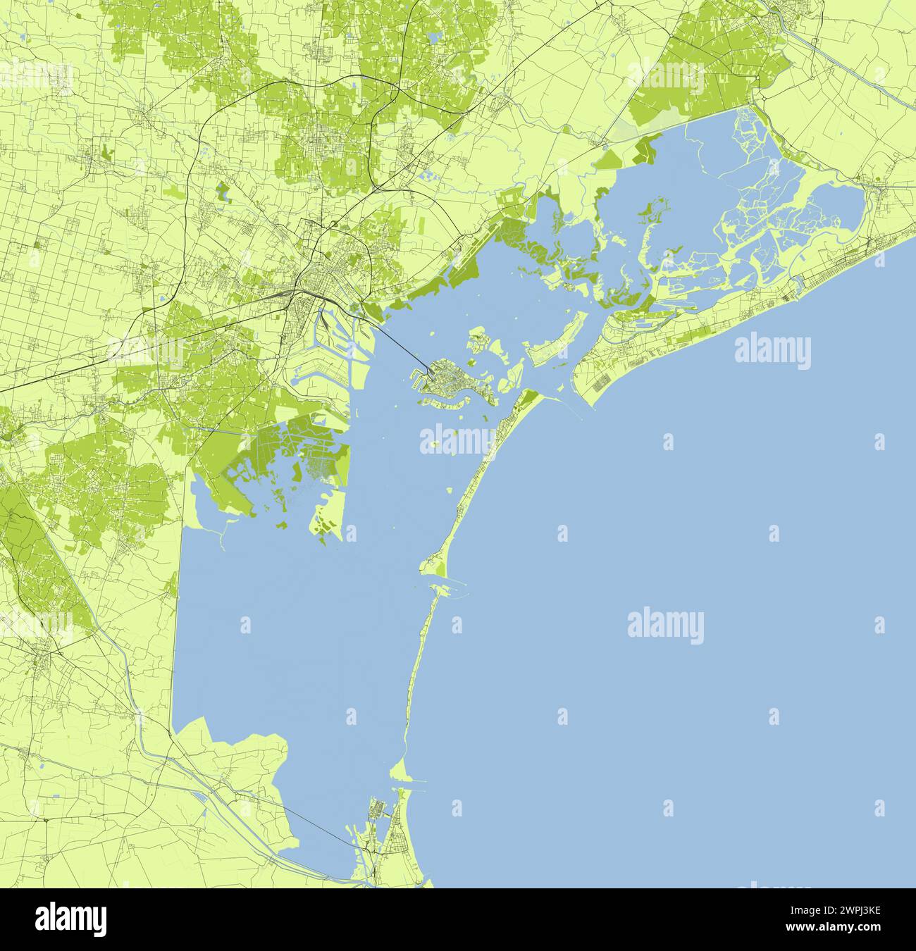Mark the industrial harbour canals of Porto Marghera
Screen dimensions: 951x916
coord(331,345)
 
